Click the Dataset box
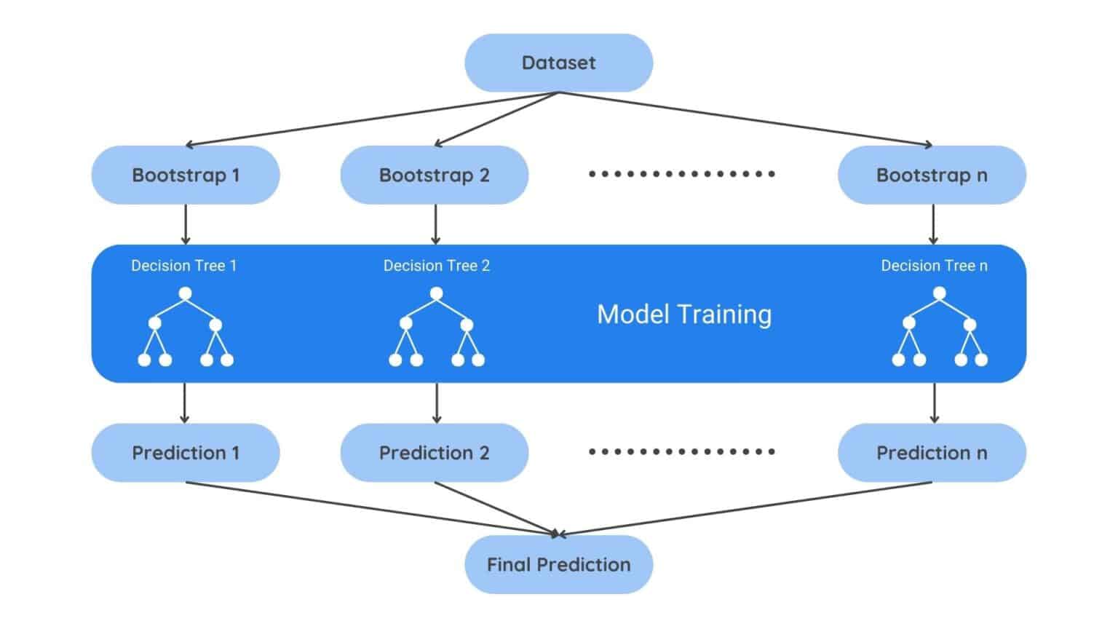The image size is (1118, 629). (x=558, y=63)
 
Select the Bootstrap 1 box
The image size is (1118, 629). (x=186, y=175)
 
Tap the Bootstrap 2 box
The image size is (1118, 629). (x=435, y=175)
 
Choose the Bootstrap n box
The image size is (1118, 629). (x=932, y=175)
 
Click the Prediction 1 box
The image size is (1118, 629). (x=186, y=453)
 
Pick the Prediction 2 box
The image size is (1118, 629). (x=435, y=453)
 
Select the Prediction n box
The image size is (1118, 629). (x=932, y=453)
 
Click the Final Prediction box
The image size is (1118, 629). (x=558, y=565)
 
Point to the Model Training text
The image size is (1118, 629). (x=684, y=314)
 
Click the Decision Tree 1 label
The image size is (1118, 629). (x=183, y=266)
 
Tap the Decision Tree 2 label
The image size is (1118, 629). (x=436, y=266)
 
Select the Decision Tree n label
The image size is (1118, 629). (x=934, y=266)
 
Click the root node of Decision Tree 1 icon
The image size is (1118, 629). (x=185, y=293)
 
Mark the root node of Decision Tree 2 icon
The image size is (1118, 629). (x=436, y=293)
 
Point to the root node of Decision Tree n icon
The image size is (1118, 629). (x=939, y=293)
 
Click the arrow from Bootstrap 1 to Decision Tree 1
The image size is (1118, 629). (x=186, y=224)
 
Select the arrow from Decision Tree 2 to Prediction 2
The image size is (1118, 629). (x=436, y=403)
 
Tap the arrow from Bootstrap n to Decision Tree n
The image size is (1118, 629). (x=933, y=224)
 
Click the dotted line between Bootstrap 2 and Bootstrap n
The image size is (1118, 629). (x=682, y=174)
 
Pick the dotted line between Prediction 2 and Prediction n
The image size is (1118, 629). (x=682, y=451)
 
